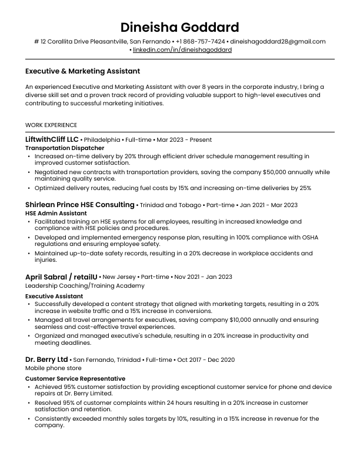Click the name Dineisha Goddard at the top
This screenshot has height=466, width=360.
coord(179,27)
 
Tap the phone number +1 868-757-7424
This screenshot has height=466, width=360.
coord(200,42)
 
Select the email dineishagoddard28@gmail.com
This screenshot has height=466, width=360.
coord(278,42)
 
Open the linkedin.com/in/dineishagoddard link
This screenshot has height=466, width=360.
coord(182,50)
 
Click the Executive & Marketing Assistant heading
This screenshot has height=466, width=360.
coord(82,71)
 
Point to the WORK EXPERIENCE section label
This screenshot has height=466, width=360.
coord(51,125)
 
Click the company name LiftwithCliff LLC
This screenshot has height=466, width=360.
coord(52,139)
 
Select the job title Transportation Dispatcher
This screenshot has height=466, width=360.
coord(65,148)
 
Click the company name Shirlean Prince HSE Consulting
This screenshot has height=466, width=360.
coord(80,205)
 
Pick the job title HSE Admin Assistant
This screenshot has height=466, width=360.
coord(56,213)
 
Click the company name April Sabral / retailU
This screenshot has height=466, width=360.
coord(61,277)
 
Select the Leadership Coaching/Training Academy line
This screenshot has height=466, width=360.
coord(85,285)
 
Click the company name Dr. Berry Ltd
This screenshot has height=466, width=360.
coord(46,359)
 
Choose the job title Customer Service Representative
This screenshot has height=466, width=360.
coord(75,378)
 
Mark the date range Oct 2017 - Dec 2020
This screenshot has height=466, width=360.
coord(206,360)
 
